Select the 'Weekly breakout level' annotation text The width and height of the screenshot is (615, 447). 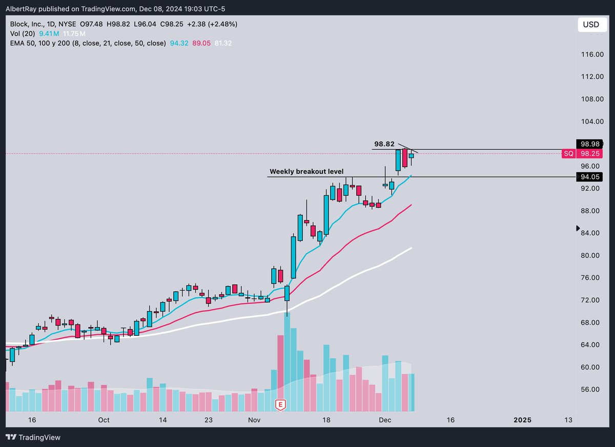click(x=306, y=171)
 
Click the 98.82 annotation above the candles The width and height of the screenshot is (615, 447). click(x=384, y=145)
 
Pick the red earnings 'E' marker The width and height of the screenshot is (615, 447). click(x=280, y=405)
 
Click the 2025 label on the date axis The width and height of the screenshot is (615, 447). click(x=523, y=420)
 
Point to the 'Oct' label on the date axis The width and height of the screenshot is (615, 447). click(x=104, y=420)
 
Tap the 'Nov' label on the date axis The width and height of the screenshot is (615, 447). click(x=254, y=420)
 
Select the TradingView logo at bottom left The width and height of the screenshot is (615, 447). click(x=33, y=437)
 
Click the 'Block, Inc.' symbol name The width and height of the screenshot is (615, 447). click(x=24, y=24)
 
